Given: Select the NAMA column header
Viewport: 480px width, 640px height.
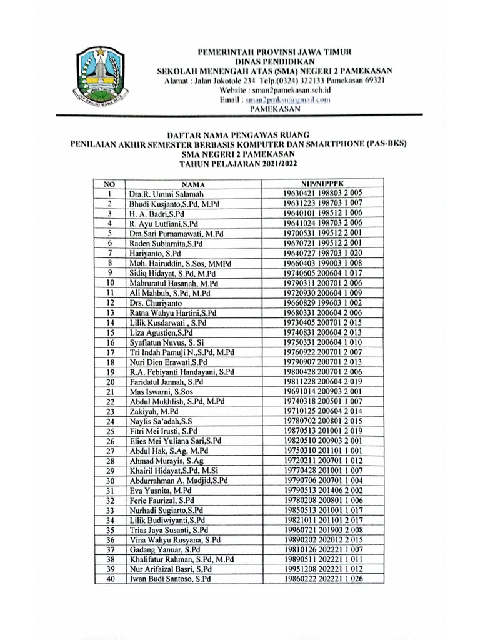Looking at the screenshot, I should (194, 185).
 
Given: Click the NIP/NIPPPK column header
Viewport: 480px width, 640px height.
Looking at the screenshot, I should (322, 184).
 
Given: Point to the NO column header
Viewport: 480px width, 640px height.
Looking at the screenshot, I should (109, 185).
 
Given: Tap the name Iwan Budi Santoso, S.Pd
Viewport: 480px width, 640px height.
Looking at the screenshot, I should (169, 579).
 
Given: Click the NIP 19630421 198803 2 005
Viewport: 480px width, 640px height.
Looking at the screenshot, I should (322, 194).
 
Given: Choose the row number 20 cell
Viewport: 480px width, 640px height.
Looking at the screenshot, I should (109, 381).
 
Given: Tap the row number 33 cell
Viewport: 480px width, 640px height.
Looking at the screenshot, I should (109, 510).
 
